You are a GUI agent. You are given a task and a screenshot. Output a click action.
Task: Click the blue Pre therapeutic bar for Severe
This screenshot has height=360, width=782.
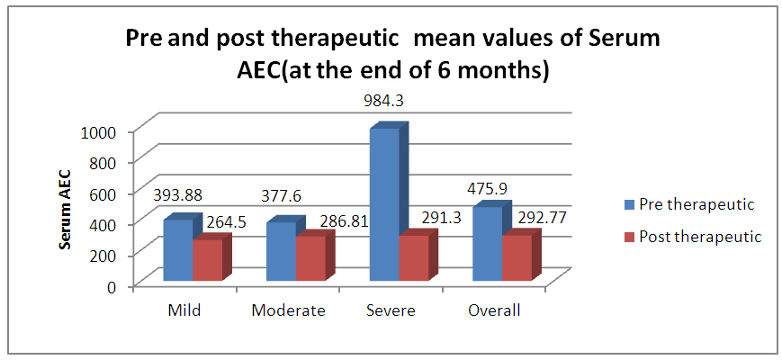click(384, 204)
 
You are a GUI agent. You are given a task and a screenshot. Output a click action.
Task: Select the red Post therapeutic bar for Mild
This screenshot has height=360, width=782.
click(208, 260)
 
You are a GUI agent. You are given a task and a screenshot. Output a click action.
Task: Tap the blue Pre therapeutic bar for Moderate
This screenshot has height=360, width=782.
click(282, 252)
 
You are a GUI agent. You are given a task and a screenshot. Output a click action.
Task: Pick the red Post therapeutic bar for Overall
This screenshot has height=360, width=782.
click(517, 257)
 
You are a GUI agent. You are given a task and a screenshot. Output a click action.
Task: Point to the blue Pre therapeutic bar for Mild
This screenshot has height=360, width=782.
click(178, 250)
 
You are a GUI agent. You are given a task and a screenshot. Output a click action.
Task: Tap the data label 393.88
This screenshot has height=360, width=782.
click(177, 195)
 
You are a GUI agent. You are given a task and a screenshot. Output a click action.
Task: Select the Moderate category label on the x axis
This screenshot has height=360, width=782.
click(288, 310)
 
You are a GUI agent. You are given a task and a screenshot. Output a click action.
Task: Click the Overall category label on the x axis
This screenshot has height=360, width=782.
click(495, 310)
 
